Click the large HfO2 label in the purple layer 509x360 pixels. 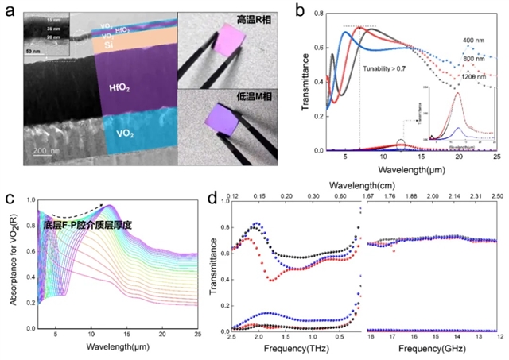tap(131, 95)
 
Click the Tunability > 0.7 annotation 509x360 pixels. tap(391, 68)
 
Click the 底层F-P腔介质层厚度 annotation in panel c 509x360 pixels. tap(87, 226)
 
